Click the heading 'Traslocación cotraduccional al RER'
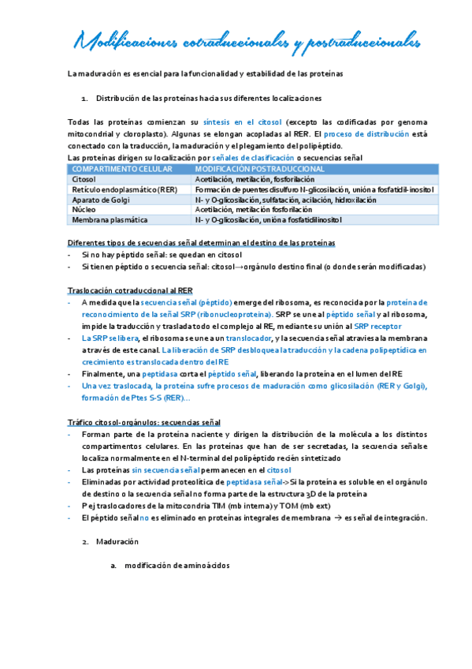tap(129, 291)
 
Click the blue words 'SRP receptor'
tap(376, 325)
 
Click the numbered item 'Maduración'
tap(117, 542)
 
